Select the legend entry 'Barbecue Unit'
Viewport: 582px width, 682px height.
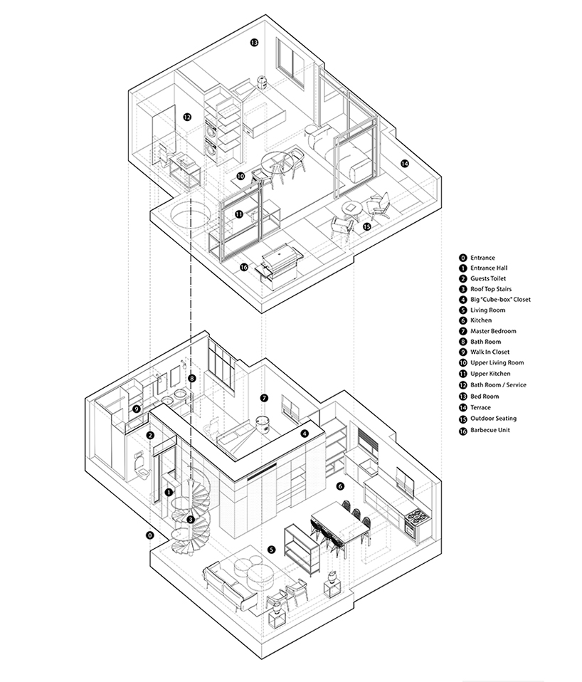click(491, 430)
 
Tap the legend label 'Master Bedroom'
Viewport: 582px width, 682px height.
click(493, 331)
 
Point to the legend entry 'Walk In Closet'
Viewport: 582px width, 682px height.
click(492, 352)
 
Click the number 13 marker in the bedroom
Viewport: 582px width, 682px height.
click(253, 43)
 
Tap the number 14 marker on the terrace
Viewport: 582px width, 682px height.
click(405, 163)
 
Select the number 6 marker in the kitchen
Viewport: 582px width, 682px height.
click(340, 486)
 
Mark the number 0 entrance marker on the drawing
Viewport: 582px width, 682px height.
click(149, 535)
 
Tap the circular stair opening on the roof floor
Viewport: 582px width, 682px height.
click(191, 213)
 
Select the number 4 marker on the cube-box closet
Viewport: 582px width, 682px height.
click(305, 433)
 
